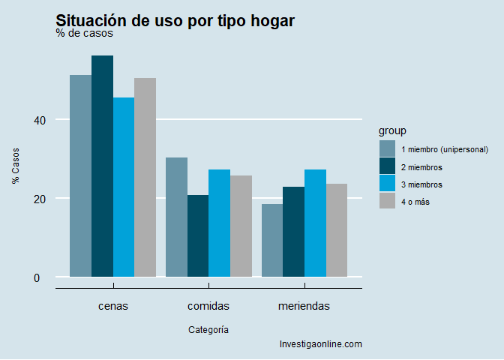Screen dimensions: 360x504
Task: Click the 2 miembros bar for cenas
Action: pos(102,166)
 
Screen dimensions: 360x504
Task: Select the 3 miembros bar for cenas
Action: pos(124,187)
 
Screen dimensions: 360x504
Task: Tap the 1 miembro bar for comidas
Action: pos(176,217)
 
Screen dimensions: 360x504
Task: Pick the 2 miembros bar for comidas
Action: pos(198,235)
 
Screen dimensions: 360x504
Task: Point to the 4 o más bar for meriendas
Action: pos(337,230)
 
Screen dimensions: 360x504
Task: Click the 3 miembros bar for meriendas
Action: pos(316,223)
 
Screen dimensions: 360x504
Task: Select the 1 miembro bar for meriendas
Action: pos(272,240)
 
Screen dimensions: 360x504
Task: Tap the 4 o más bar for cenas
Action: pos(145,177)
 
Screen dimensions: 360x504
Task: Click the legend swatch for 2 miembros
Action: pos(387,166)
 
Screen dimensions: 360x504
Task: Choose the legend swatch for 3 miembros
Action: pos(387,184)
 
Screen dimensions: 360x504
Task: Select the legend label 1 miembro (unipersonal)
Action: pos(445,149)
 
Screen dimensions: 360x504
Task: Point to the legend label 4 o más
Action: pos(415,202)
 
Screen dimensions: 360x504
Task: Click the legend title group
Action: pos(392,130)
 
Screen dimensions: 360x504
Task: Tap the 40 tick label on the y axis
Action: pos(40,120)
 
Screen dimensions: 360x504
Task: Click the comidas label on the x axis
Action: pos(208,306)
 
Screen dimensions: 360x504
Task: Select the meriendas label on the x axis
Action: pos(304,306)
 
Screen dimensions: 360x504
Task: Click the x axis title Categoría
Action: pos(208,329)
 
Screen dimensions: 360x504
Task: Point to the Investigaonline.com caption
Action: pos(320,344)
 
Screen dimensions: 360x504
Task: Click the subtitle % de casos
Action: pos(84,33)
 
